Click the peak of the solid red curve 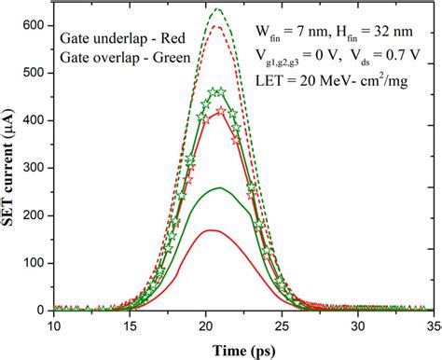[211, 229]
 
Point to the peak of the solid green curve [219, 187]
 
